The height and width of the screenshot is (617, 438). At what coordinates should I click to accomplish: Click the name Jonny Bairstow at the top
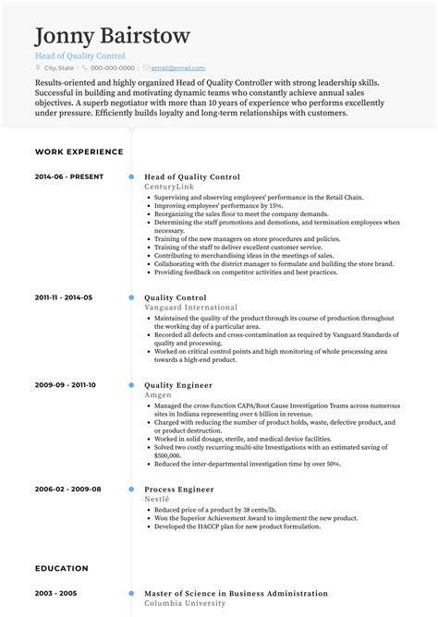click(x=113, y=36)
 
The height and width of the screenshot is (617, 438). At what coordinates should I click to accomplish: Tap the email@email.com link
click(x=178, y=68)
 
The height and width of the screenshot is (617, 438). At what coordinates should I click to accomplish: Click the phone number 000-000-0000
click(x=113, y=68)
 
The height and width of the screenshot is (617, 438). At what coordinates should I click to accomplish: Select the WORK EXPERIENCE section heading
click(x=79, y=151)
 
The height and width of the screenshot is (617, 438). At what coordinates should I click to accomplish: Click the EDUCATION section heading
click(x=63, y=568)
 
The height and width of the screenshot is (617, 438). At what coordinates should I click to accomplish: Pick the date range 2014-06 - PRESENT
click(x=69, y=176)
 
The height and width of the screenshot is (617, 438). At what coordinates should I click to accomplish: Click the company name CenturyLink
click(x=169, y=186)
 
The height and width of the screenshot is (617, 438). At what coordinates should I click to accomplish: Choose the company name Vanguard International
click(x=190, y=307)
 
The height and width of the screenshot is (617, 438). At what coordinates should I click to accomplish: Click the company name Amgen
click(x=158, y=393)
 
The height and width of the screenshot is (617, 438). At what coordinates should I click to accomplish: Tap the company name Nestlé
click(x=158, y=498)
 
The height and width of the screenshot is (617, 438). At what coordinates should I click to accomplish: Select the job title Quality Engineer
click(x=178, y=384)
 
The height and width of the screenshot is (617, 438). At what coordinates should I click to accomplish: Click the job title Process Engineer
click(x=178, y=489)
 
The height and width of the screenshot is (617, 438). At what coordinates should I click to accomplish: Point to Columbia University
click(x=185, y=603)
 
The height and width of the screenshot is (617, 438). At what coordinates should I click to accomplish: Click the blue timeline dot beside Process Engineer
click(x=131, y=489)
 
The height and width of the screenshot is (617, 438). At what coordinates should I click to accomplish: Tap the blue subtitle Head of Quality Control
click(x=79, y=55)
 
